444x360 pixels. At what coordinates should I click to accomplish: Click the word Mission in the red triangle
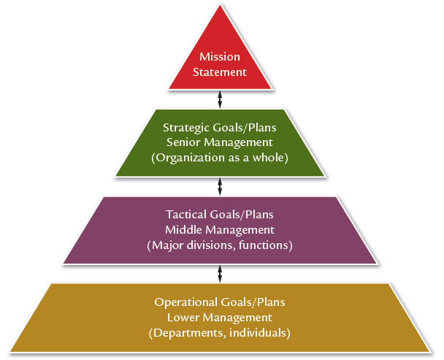tap(220, 56)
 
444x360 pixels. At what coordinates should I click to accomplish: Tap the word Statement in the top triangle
tap(220, 72)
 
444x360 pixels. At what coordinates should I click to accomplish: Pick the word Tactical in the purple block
tap(185, 215)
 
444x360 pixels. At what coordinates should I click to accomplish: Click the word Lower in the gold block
tap(183, 318)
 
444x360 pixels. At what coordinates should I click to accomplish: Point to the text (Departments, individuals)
tap(220, 333)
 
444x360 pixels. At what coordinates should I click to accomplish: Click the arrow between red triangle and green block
tap(221, 97)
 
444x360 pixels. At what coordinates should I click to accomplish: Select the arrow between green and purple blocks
tap(221, 187)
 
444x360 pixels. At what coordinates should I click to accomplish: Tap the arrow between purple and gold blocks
tap(221, 273)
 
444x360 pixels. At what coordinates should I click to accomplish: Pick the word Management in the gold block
tap(237, 318)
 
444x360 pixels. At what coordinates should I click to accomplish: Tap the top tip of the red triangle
tap(221, 7)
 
